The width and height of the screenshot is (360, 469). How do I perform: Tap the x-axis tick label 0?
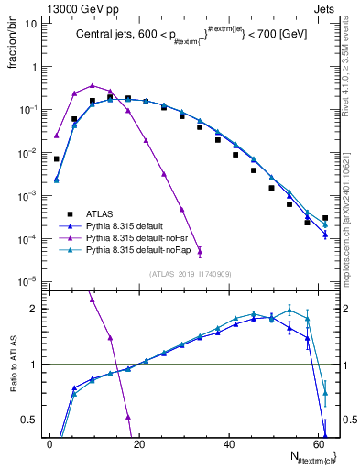[x=49, y=444]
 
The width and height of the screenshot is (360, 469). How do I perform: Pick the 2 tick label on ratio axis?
[x=32, y=309]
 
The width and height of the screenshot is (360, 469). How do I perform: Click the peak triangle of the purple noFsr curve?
[x=93, y=85]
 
